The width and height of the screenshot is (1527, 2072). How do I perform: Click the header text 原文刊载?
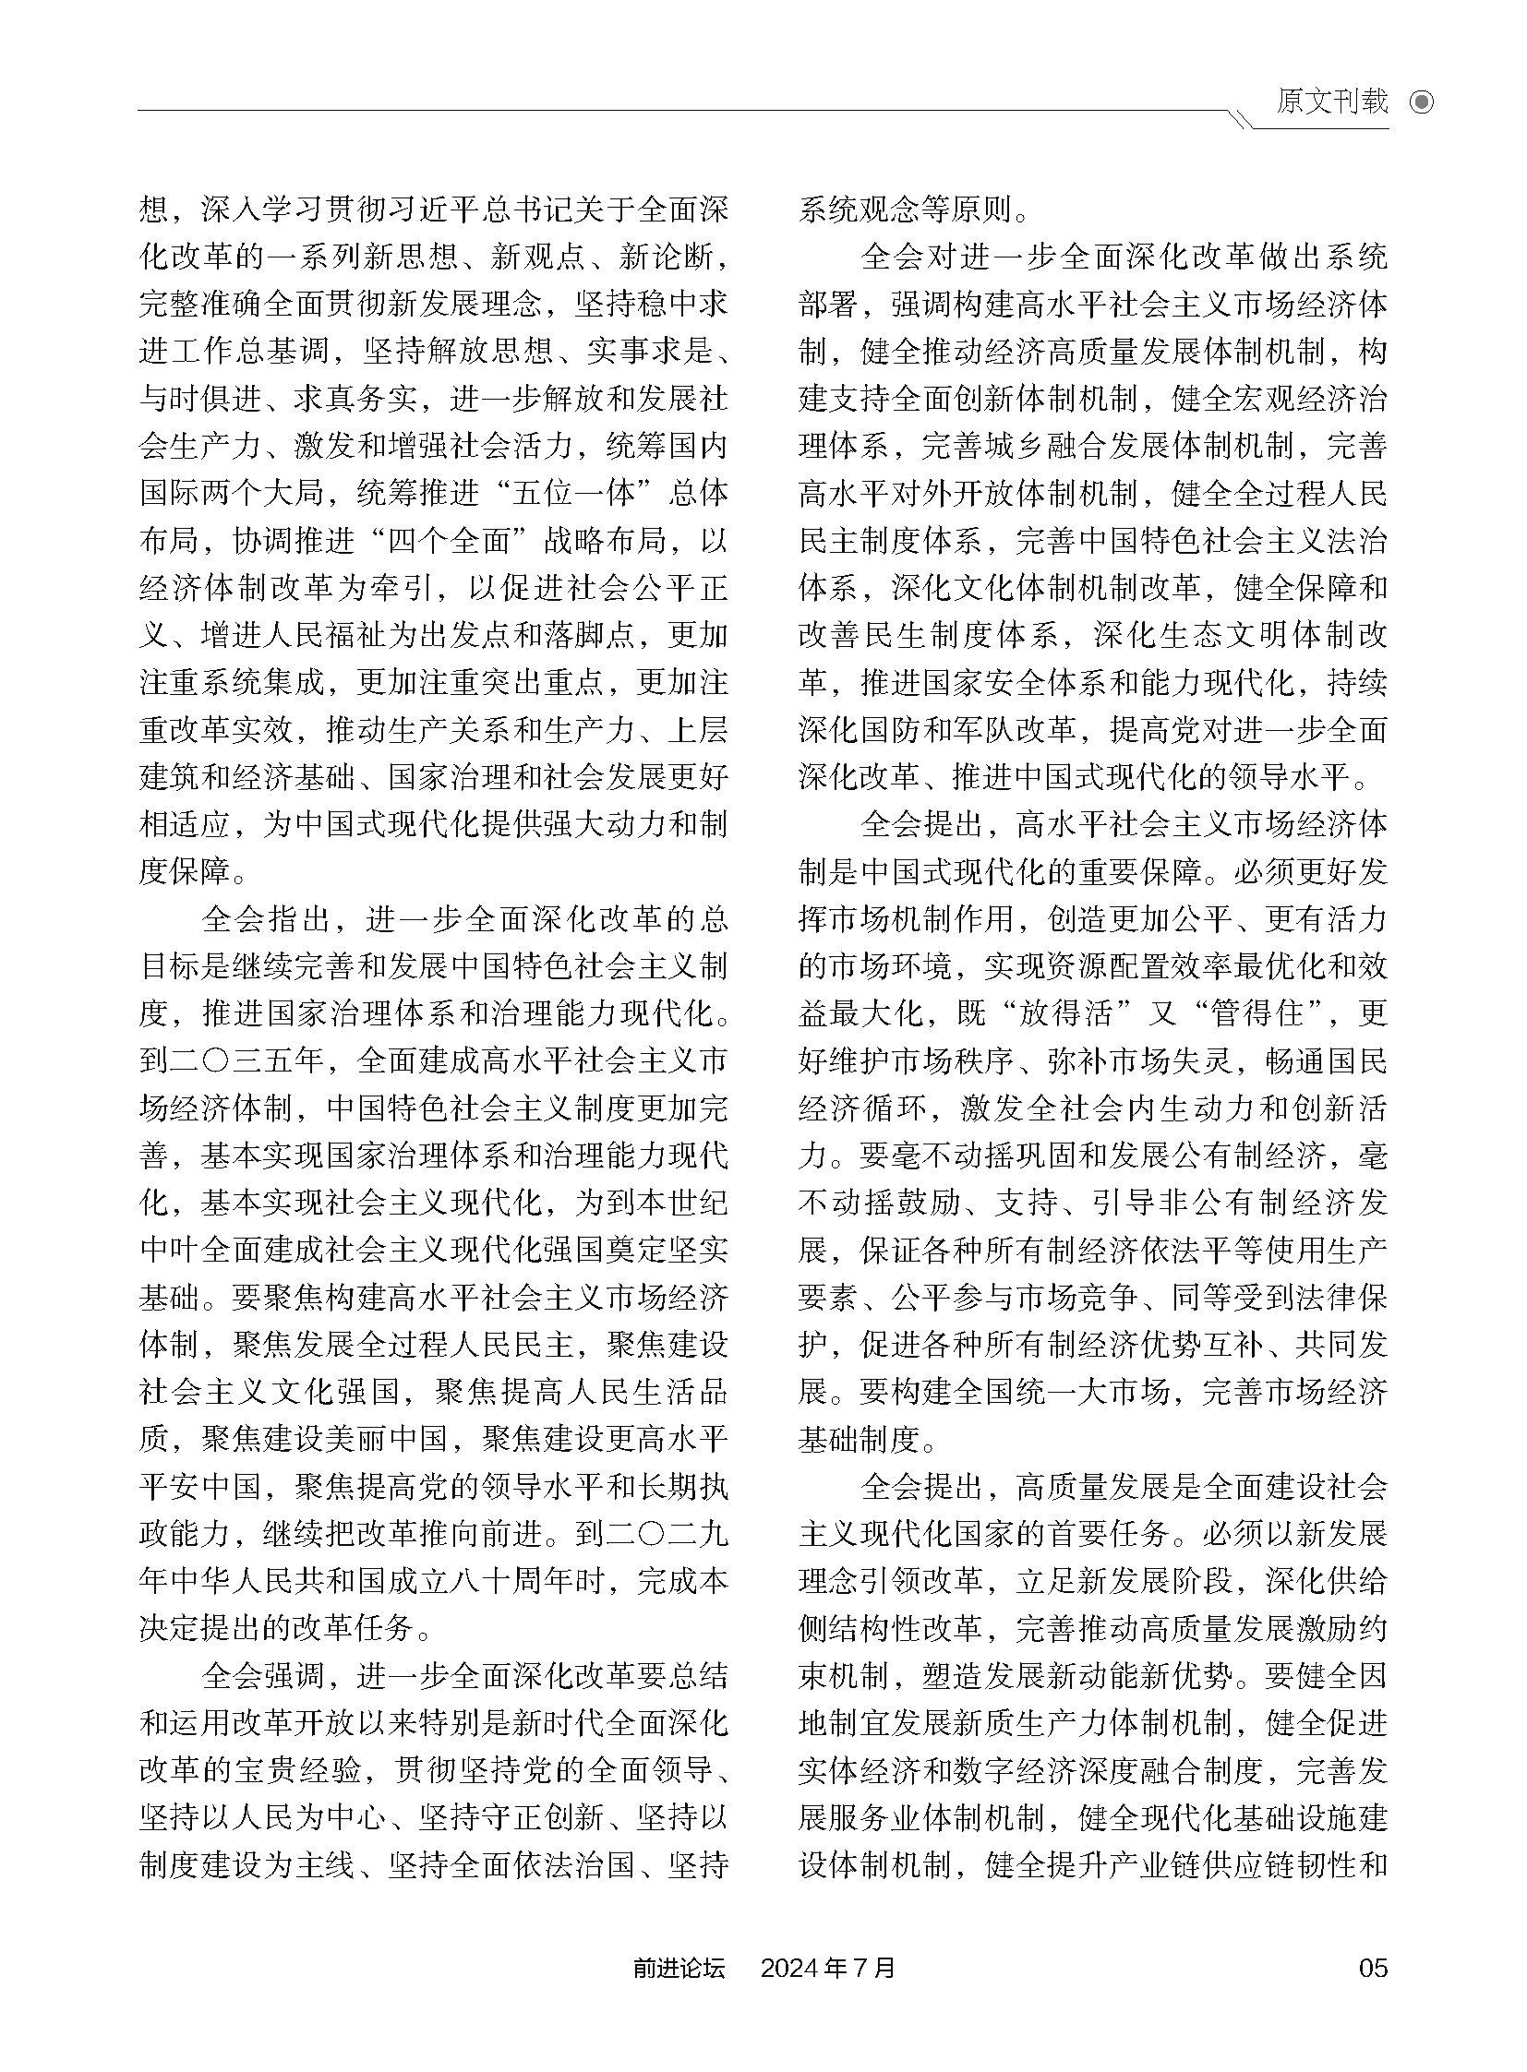pos(1332,102)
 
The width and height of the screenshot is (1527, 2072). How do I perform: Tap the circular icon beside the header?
pos(1422,102)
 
